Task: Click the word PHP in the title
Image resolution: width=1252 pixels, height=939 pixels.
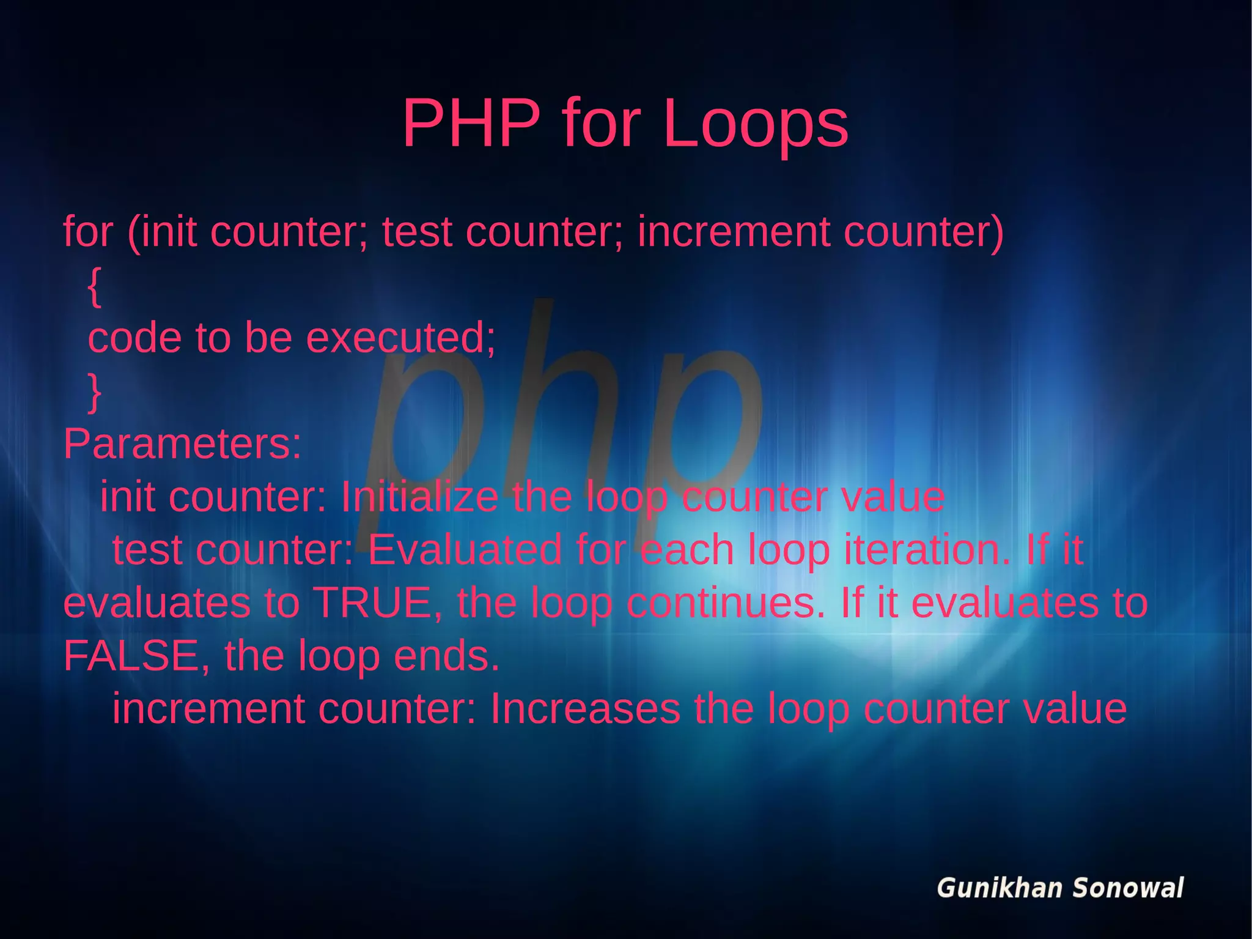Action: coord(471,124)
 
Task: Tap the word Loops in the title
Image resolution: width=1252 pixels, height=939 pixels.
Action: coord(756,125)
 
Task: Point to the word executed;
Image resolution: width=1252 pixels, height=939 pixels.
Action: coord(400,338)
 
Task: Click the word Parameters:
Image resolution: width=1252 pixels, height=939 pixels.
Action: coord(182,444)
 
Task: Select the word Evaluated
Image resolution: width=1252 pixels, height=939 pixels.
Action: coord(465,549)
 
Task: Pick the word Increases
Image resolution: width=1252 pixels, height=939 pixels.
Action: coord(585,708)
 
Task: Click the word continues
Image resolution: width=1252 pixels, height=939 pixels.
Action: coord(726,603)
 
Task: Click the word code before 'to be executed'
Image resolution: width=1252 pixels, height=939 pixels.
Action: coord(134,338)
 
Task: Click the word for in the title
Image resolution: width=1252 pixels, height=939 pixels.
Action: coord(601,124)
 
